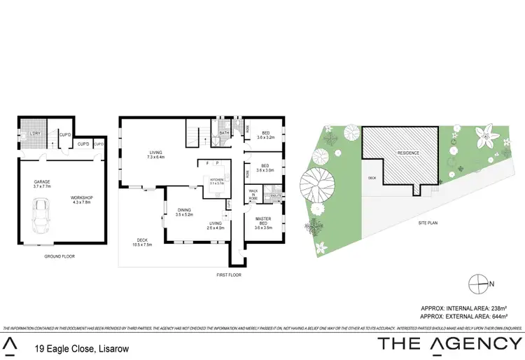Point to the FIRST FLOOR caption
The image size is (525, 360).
229,275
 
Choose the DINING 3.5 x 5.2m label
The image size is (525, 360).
184,212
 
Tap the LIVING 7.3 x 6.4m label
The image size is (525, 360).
155,155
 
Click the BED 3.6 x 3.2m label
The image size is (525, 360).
265,135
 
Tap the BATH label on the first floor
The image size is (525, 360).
225,132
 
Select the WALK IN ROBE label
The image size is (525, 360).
253,194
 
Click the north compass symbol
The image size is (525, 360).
477,283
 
